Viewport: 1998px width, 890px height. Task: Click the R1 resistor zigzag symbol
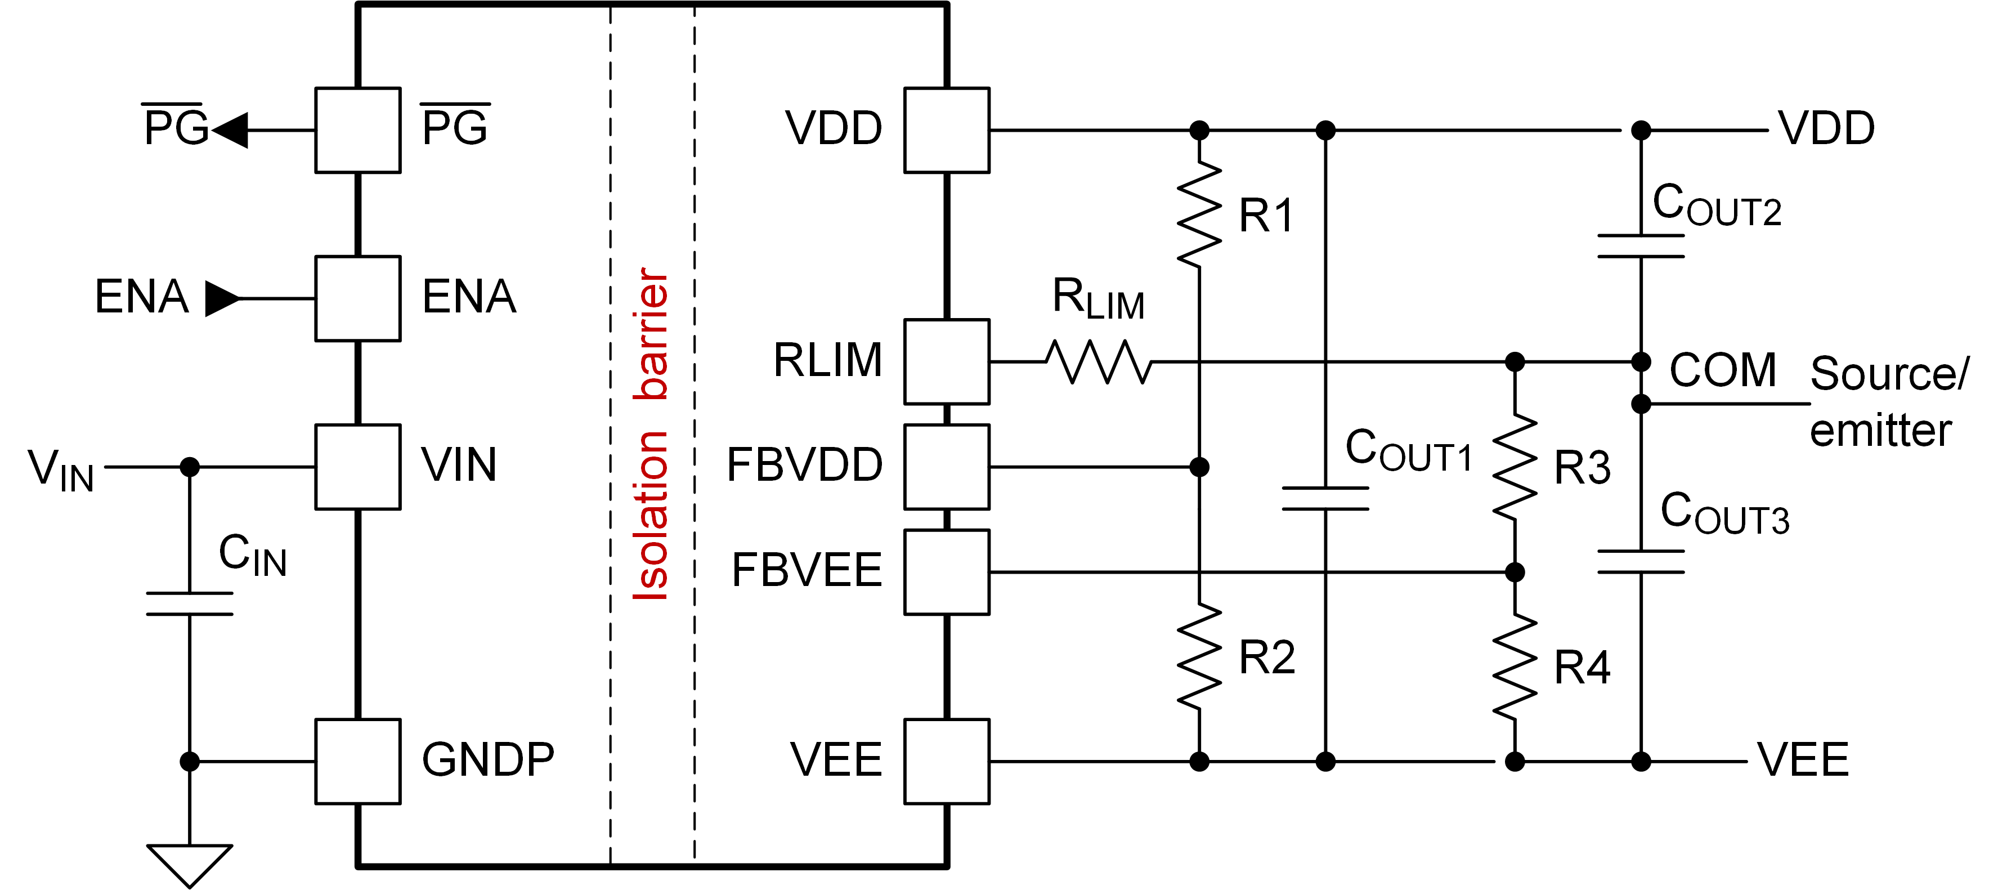(x=1199, y=215)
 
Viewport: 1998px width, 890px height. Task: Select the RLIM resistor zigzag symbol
(x=1098, y=361)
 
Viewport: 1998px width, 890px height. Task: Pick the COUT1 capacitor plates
(x=1325, y=498)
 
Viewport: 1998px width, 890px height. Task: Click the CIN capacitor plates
(x=189, y=603)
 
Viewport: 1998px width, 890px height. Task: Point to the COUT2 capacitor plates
(x=1641, y=245)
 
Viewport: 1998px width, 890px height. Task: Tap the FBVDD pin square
(x=946, y=466)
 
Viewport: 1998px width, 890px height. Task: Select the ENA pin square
(x=357, y=298)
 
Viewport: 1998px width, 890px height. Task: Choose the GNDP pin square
(x=357, y=761)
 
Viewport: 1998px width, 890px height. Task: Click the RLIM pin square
(x=946, y=361)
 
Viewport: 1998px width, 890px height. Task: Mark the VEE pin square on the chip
(x=946, y=761)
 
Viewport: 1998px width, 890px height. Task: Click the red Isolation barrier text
(x=650, y=435)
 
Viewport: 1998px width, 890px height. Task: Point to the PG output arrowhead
(x=230, y=129)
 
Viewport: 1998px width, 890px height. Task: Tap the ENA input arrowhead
(x=222, y=298)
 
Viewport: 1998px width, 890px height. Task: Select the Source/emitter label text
(x=1887, y=402)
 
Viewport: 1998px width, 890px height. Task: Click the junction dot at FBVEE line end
(x=1514, y=572)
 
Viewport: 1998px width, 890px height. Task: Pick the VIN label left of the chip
(x=60, y=470)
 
